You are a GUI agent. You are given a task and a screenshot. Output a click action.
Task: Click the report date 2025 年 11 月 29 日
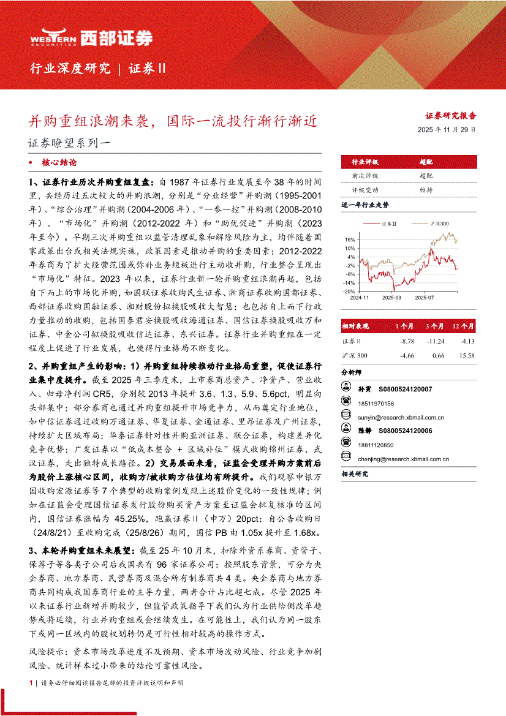click(x=447, y=130)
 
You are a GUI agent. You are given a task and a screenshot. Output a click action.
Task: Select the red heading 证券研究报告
click(x=451, y=115)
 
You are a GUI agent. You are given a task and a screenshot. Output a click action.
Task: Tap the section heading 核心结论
click(x=59, y=164)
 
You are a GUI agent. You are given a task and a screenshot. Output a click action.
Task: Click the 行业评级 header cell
click(x=364, y=162)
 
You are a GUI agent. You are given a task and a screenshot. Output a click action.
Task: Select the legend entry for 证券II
click(x=390, y=224)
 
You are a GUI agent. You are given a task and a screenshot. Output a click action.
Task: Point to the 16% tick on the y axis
click(x=350, y=240)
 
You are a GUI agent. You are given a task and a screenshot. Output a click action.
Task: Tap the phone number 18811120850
click(x=376, y=445)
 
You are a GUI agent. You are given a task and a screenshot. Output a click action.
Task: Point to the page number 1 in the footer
click(x=30, y=682)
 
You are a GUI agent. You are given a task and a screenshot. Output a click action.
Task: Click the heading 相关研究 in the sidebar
click(x=355, y=473)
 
